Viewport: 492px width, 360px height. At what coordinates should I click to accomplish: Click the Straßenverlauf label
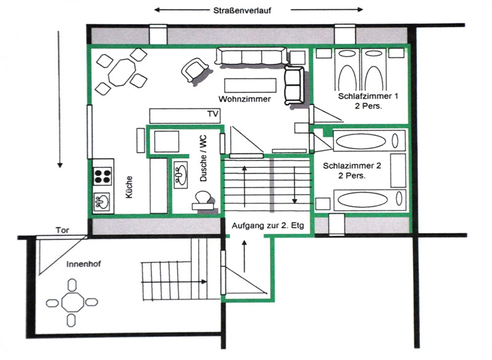point(242,10)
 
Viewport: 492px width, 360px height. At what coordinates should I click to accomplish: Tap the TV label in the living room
point(213,114)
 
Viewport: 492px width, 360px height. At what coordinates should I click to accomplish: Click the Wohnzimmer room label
point(244,99)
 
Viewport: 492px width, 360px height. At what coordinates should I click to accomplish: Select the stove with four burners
point(103,177)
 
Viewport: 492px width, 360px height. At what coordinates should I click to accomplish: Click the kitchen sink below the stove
point(101,201)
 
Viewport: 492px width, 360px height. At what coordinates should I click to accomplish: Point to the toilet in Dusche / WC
point(203,201)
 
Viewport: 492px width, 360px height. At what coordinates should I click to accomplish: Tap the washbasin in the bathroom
point(180,175)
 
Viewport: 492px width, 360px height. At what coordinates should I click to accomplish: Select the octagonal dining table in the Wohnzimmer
point(122,72)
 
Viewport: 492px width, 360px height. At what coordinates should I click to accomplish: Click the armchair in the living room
point(194,70)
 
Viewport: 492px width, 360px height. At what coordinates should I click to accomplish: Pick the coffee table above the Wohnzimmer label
point(250,86)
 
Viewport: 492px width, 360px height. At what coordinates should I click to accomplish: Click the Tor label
point(62,230)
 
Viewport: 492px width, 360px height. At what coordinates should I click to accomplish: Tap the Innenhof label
point(84,264)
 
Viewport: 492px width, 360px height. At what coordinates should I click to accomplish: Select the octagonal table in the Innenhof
point(73,303)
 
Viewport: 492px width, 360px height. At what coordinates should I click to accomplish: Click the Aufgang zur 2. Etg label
point(268,226)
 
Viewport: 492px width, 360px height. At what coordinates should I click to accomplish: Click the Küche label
point(129,187)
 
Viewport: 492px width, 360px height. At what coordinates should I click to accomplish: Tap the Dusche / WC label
point(204,159)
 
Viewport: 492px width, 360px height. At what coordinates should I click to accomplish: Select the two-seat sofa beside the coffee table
point(294,86)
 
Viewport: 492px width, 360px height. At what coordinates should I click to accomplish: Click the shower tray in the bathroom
point(166,142)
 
